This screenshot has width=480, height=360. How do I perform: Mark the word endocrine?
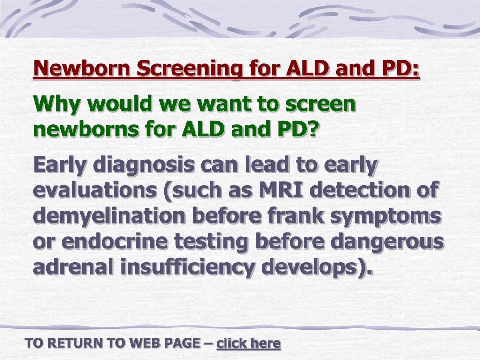pyautogui.click(x=115, y=241)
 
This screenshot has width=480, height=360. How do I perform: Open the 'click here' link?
pyautogui.click(x=248, y=344)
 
